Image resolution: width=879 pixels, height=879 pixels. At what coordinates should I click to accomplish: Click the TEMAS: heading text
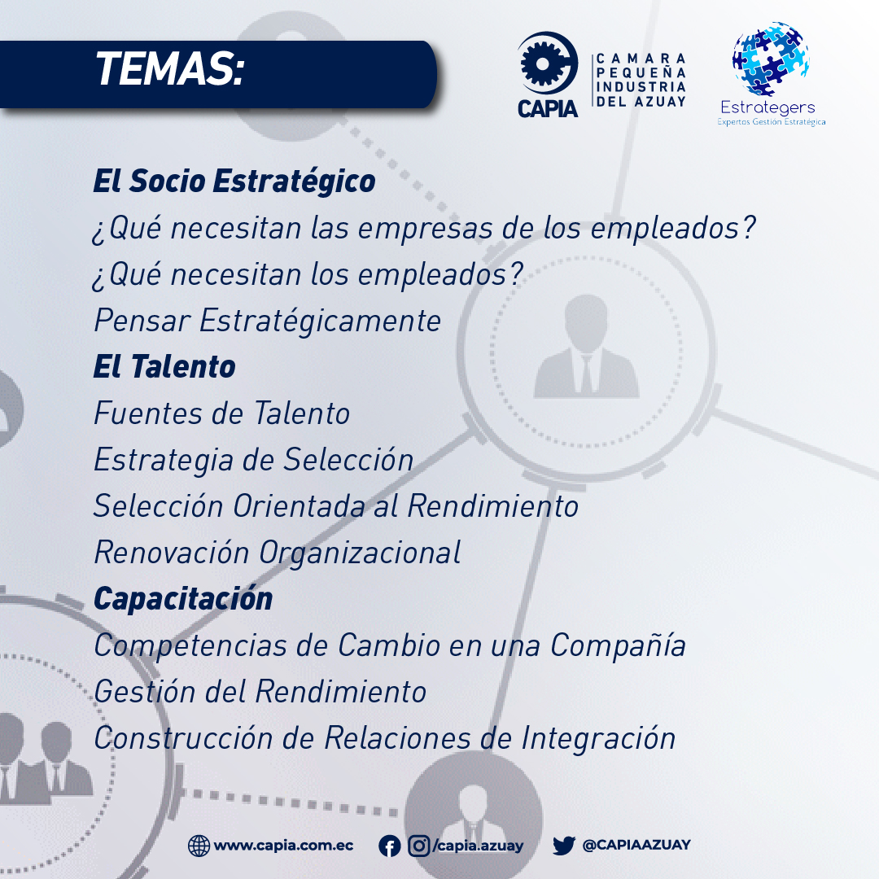click(x=170, y=69)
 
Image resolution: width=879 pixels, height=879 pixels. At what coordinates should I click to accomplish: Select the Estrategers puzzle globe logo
click(x=771, y=59)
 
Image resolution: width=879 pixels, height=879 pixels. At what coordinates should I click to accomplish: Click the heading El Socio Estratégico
click(x=234, y=181)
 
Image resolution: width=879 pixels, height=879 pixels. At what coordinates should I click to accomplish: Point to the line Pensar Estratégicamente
click(x=268, y=321)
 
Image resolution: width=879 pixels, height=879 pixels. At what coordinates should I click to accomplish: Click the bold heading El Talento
click(x=164, y=367)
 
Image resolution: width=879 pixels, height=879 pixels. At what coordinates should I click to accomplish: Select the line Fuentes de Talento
click(x=222, y=413)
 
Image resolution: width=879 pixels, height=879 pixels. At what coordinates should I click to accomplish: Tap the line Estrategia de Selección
click(x=253, y=460)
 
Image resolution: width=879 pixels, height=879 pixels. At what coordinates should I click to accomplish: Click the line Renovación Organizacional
click(x=278, y=553)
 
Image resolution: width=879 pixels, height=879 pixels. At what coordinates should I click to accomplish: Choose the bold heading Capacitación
click(x=183, y=599)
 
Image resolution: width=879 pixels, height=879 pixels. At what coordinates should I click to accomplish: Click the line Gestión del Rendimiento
click(x=260, y=691)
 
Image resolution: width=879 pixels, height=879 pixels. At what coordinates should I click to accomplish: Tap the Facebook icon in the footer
click(x=390, y=846)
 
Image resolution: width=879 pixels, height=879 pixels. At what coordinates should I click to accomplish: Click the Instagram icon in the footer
click(x=418, y=846)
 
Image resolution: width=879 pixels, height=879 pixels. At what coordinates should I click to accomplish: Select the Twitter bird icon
click(x=564, y=846)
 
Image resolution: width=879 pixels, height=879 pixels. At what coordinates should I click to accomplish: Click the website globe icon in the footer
click(x=199, y=846)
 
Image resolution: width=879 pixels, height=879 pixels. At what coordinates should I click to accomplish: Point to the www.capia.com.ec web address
click(x=284, y=846)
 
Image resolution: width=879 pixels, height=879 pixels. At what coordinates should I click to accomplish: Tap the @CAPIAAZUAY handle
click(x=636, y=846)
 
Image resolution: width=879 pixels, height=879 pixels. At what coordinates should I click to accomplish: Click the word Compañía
click(x=618, y=645)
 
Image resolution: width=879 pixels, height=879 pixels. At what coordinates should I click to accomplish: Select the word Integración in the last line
click(x=599, y=738)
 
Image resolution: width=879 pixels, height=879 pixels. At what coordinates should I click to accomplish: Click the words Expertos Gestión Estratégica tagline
click(x=772, y=121)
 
